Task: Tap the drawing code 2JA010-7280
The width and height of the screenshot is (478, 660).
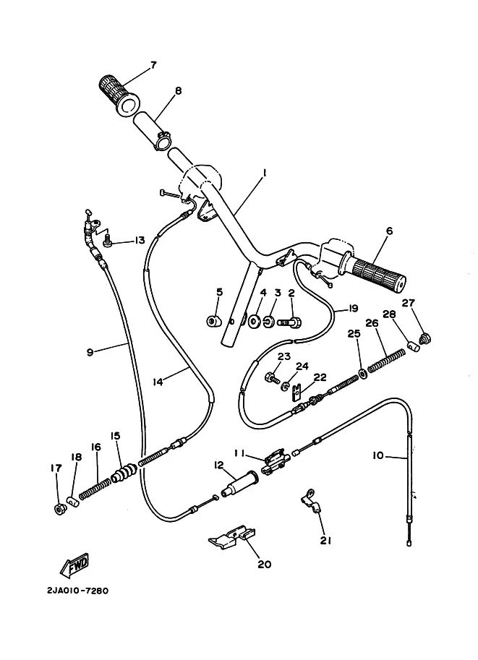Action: tap(77, 591)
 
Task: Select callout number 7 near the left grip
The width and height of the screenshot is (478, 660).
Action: tap(153, 65)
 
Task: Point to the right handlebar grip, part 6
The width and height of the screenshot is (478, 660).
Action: tap(373, 273)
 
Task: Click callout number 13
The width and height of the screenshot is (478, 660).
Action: tap(139, 240)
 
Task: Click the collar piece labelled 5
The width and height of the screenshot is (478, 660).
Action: tap(214, 322)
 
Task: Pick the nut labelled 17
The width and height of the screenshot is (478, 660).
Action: tap(59, 509)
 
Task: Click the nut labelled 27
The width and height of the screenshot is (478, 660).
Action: tap(425, 338)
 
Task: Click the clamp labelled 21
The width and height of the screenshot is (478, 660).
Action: tap(311, 501)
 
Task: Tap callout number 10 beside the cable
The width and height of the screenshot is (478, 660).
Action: tap(378, 455)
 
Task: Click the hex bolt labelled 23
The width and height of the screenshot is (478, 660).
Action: tap(272, 377)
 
